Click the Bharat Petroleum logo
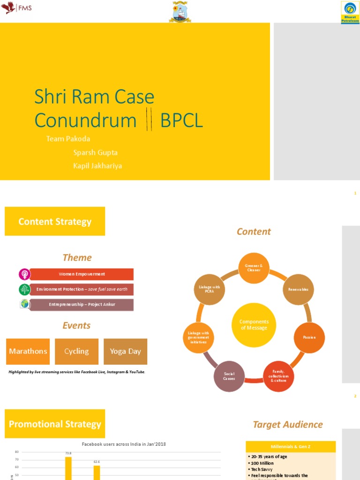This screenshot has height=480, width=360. pos(350,12)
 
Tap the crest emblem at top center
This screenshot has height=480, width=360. pos(180,12)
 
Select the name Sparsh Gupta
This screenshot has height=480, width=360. pos(95,152)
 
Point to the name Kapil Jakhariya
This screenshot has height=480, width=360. pos(97,165)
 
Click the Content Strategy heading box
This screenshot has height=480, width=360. pos(55,221)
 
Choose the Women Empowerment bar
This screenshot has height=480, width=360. pos(82,274)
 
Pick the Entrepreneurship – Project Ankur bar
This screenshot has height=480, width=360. pos(82,305)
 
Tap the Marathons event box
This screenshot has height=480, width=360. pos(28,352)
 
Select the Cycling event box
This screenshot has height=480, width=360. pos(76,352)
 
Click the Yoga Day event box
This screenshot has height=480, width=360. pos(125,352)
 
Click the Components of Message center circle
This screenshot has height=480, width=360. pos(254,325)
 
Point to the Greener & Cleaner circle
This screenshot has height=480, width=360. pos(254,268)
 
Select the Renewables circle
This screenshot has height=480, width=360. pos(298,290)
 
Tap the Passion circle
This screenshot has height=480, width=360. pos(309,337)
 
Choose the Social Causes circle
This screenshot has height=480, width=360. pos(229,376)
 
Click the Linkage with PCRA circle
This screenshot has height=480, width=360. pos(209,290)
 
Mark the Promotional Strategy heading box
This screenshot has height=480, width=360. pos(55,424)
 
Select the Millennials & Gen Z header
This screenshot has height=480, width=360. pos(291,447)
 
